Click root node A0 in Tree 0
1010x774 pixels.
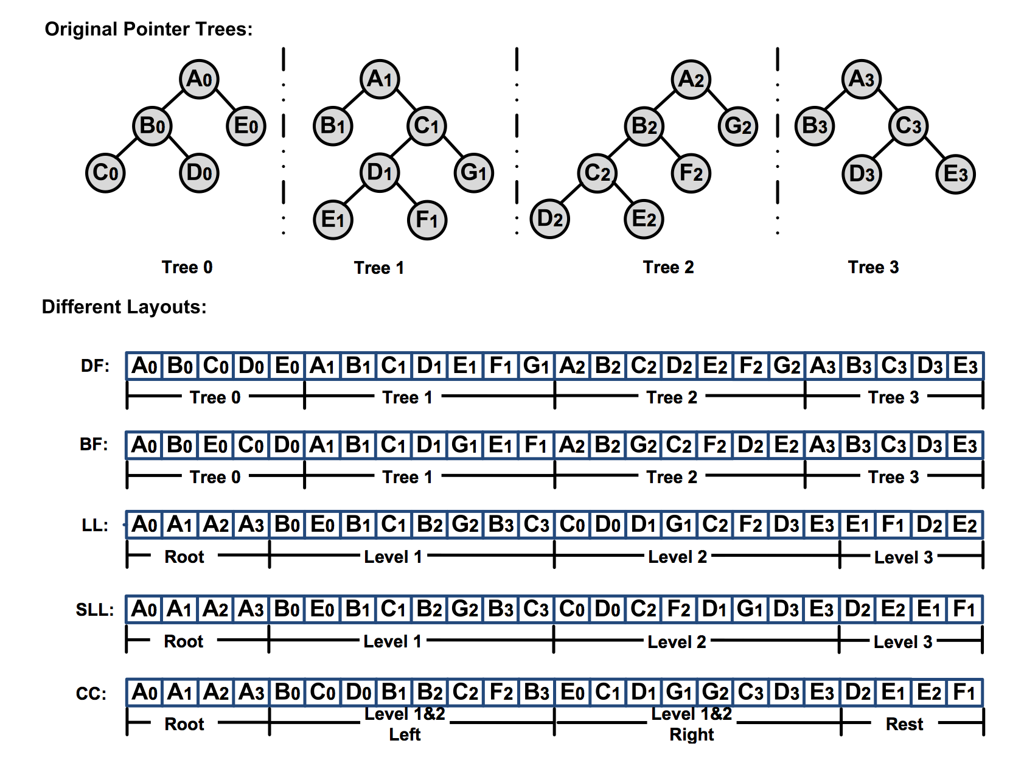click(199, 78)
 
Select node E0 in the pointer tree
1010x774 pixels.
click(246, 126)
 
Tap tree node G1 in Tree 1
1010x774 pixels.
click(473, 173)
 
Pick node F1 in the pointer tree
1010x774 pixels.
click(427, 220)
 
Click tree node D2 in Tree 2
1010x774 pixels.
click(549, 218)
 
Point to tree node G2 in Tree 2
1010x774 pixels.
click(737, 126)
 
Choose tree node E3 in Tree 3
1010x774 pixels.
click(955, 174)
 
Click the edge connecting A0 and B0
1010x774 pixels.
click(175, 102)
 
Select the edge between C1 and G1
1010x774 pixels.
click(450, 150)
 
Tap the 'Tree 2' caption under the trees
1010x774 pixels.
click(668, 267)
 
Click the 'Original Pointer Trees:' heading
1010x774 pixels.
click(148, 29)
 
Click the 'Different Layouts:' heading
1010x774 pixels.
click(124, 307)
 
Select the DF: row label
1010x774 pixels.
click(96, 366)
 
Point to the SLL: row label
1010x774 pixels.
click(94, 610)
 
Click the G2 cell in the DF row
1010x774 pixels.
click(787, 366)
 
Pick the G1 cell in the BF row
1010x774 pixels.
click(464, 445)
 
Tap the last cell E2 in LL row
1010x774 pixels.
click(965, 525)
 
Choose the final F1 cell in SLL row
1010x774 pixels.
click(965, 609)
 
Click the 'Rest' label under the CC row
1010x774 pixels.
click(904, 724)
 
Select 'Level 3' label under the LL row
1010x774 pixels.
click(903, 557)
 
